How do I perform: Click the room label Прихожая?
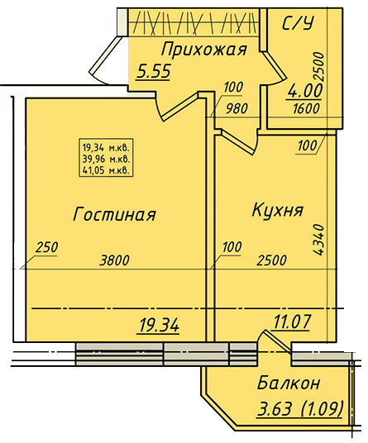point(204,50)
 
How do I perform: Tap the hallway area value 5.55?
point(154,71)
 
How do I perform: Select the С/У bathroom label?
point(298,22)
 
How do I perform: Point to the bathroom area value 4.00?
point(304,91)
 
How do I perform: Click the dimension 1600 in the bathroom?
point(306,108)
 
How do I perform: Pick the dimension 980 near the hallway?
point(237,108)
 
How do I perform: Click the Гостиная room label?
point(114,214)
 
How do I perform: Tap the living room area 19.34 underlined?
point(159,326)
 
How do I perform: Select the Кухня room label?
point(277,210)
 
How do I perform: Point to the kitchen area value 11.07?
point(291,322)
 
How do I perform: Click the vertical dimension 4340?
point(318,240)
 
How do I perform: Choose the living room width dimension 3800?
point(114,260)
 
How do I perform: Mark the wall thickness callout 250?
point(46,247)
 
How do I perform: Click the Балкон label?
point(289,383)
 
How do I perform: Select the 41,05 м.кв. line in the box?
point(106,170)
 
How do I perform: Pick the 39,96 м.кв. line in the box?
point(106,159)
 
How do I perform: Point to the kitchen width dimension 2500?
point(271,260)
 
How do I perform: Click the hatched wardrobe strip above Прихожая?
point(194,22)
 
